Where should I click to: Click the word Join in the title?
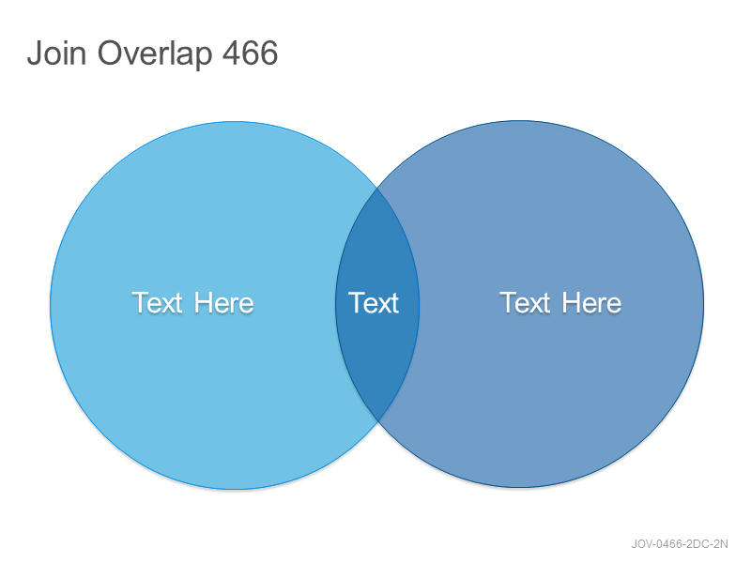tap(56, 53)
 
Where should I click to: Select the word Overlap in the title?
tap(155, 54)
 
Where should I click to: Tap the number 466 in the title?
tap(250, 53)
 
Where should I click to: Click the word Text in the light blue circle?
tap(157, 302)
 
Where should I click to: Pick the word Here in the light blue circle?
tap(223, 302)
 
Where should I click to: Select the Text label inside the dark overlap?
tap(374, 302)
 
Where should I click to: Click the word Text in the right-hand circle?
tap(525, 302)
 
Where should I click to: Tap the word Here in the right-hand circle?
tap(591, 302)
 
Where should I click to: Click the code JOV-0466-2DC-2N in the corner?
tap(680, 544)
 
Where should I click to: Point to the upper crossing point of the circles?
tap(377, 189)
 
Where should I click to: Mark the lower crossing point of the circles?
tap(377, 420)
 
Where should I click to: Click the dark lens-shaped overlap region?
tap(377, 335)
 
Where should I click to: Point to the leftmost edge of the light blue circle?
tap(51, 306)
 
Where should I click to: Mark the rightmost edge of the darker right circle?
tap(703, 304)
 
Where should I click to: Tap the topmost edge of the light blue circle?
tap(235, 122)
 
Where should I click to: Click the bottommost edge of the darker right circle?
tap(520, 488)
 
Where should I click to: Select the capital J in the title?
tap(34, 53)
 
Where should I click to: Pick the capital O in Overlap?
tap(111, 53)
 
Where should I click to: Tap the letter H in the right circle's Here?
tap(571, 302)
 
